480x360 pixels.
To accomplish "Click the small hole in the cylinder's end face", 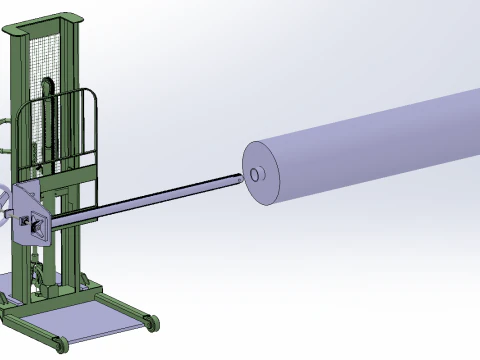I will [x=256, y=175].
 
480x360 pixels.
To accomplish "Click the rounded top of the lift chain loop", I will [x=48, y=80].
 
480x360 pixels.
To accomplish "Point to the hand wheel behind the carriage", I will [x=7, y=200].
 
